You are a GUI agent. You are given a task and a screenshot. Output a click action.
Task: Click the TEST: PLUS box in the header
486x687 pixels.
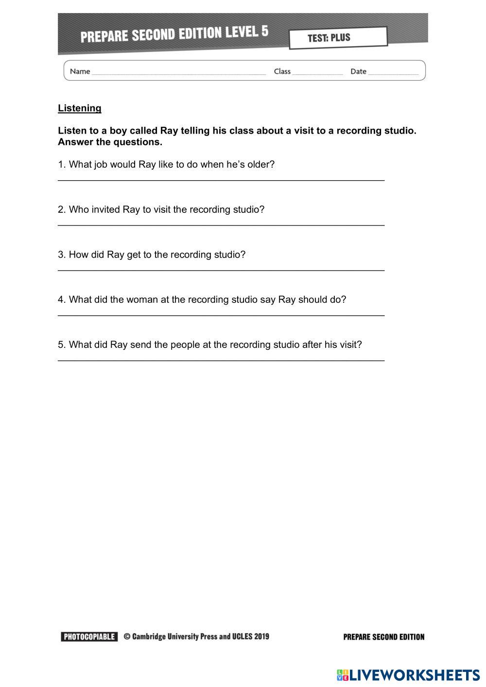(x=338, y=38)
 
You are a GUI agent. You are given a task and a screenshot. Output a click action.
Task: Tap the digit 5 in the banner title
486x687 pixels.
(x=264, y=32)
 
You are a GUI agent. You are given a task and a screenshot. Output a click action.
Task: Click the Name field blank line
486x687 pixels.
(x=178, y=73)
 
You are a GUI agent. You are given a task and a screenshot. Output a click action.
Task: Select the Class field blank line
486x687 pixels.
(x=317, y=73)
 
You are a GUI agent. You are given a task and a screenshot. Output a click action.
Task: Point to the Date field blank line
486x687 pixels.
(x=393, y=73)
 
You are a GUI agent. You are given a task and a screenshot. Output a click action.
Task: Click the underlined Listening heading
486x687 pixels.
(x=80, y=108)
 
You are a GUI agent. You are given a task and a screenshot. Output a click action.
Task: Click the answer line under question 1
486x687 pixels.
(x=221, y=180)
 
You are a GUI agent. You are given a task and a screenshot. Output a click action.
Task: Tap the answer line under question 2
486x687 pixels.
(x=221, y=225)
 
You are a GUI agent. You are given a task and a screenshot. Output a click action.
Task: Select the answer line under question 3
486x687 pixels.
(x=221, y=270)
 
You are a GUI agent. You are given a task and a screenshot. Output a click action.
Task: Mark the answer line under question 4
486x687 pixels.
(x=221, y=315)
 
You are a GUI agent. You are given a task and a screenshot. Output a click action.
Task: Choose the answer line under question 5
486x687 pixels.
(x=221, y=360)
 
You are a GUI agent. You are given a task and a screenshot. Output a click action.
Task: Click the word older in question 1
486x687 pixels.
(x=261, y=164)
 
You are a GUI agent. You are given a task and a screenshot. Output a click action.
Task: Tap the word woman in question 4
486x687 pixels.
(x=142, y=299)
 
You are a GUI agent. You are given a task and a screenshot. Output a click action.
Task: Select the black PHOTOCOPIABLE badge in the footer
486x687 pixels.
(x=89, y=636)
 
